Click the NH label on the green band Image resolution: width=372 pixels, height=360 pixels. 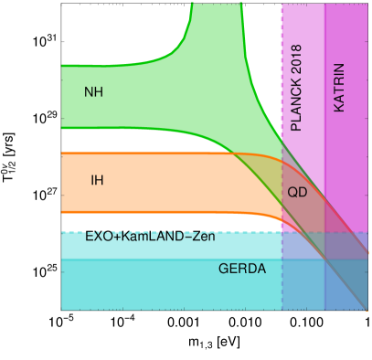pyautogui.click(x=93, y=92)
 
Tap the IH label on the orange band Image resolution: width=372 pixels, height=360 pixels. pyautogui.click(x=97, y=180)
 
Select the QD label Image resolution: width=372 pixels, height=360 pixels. pyautogui.click(x=297, y=192)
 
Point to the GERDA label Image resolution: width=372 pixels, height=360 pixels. pyautogui.click(x=242, y=269)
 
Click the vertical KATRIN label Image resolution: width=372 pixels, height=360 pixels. pyautogui.click(x=339, y=88)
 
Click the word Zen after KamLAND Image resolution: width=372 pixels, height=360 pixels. pyautogui.click(x=204, y=236)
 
